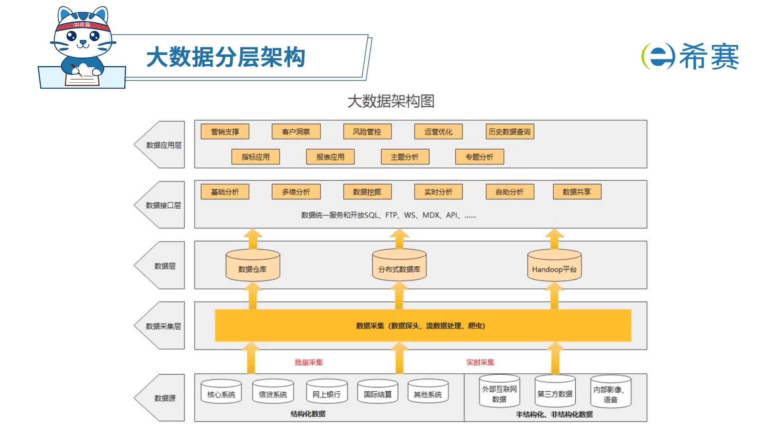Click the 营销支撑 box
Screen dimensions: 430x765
225,132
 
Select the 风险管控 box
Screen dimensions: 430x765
367,132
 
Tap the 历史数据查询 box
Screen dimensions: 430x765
510,132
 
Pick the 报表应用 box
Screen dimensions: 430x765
330,157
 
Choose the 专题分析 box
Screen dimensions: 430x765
479,157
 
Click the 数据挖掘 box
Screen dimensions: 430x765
367,192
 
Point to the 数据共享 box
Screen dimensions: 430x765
577,192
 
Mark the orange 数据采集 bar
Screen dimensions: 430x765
423,326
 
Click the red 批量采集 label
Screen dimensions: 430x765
308,362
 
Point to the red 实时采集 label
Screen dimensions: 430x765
480,362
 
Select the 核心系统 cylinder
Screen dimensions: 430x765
221,392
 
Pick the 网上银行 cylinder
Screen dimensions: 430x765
326,392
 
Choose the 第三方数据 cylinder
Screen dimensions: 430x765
555,392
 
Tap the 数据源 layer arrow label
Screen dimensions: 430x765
164,398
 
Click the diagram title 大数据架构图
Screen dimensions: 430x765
390,101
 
